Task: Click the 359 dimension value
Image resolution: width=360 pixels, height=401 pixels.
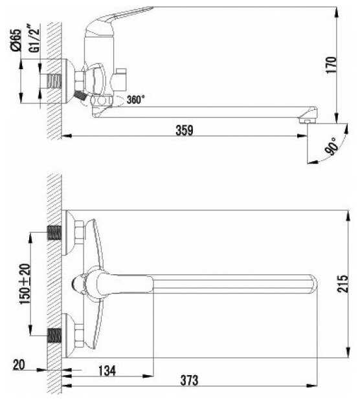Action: (185, 130)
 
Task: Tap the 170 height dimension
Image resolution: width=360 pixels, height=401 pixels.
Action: (331, 65)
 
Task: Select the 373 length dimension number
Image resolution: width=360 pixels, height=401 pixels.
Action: (189, 380)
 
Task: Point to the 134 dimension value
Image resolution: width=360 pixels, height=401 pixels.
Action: (107, 371)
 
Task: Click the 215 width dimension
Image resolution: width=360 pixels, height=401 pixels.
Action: (343, 283)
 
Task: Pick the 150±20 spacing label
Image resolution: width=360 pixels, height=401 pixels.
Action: (25, 284)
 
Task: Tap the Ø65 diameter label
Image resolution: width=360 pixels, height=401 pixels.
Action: (16, 40)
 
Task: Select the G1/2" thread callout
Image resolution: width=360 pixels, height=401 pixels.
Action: (34, 38)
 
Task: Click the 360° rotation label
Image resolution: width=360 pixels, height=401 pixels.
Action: (136, 100)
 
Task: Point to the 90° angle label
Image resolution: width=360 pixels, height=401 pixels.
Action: (332, 146)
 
